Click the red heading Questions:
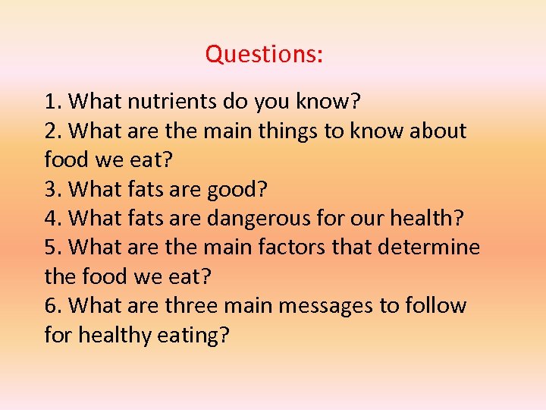(x=264, y=55)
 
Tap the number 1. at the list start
(x=53, y=101)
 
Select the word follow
(x=437, y=306)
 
